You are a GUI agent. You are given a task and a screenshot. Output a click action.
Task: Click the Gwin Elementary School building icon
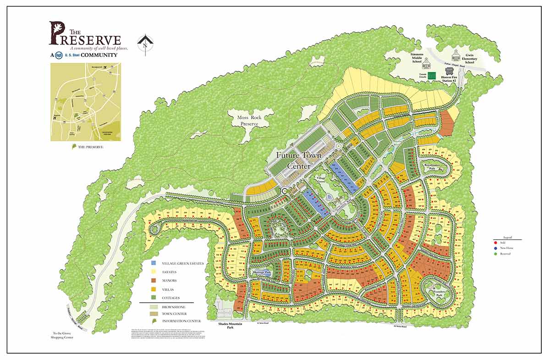pos(456,57)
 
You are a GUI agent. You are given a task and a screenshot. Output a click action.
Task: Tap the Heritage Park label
pos(263,272)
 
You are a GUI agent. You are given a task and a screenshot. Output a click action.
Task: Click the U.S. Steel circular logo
pos(59,55)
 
